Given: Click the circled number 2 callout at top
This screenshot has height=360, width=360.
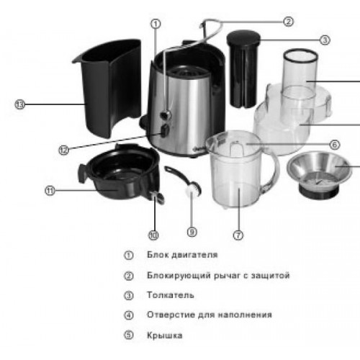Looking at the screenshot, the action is point(288,22).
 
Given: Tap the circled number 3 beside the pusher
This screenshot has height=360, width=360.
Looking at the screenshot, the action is point(325,40).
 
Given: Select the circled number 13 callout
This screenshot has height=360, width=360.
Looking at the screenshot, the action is point(20,104).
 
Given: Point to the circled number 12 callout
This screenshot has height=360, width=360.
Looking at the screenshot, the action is point(63,150).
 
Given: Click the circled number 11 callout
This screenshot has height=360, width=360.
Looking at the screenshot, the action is point(50,191).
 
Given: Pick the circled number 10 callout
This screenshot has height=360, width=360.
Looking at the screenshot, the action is point(153,235).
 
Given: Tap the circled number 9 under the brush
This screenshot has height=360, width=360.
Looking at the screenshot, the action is point(192,232).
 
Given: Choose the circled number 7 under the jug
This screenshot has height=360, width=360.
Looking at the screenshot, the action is point(238,235).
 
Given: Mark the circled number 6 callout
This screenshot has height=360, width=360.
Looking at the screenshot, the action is point(335,145).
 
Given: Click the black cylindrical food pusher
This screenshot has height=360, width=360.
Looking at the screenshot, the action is point(243,69).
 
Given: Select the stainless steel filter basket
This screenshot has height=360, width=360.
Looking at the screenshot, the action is point(319,174).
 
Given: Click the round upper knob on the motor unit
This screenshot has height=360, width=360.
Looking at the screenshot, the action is point(166,114).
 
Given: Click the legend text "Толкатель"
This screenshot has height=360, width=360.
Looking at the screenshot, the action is point(171,295).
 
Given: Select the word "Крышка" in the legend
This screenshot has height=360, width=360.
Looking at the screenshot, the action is point(165,336).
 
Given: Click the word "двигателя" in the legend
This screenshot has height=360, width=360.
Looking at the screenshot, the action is point(194,255).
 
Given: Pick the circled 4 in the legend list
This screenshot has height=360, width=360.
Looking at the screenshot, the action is point(129,315).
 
